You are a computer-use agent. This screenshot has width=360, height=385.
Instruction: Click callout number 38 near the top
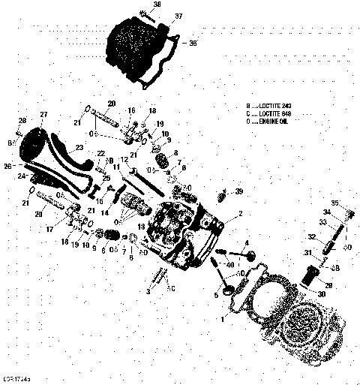pyautogui.click(x=157, y=5)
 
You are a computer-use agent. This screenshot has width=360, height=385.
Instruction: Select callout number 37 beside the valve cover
pyautogui.click(x=178, y=16)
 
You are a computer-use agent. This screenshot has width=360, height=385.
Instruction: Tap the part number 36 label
pyautogui.click(x=193, y=44)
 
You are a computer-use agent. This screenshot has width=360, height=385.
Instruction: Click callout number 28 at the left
pyautogui.click(x=22, y=121)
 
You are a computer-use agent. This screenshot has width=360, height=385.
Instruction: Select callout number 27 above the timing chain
pyautogui.click(x=43, y=114)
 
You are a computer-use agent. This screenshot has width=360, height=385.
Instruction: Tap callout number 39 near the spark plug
pyautogui.click(x=239, y=192)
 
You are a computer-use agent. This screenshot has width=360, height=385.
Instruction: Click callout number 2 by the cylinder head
pyautogui.click(x=240, y=214)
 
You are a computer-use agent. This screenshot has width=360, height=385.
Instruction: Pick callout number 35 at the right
pyautogui.click(x=335, y=202)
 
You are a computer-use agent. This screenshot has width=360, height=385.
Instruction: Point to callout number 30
pyautogui.click(x=322, y=293)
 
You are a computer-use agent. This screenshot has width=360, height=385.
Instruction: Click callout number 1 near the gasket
pyautogui.click(x=222, y=320)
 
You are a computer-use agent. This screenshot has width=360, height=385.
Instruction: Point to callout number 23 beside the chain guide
pyautogui.click(x=79, y=149)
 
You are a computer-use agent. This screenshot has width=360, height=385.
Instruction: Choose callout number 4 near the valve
pyautogui.click(x=246, y=242)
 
